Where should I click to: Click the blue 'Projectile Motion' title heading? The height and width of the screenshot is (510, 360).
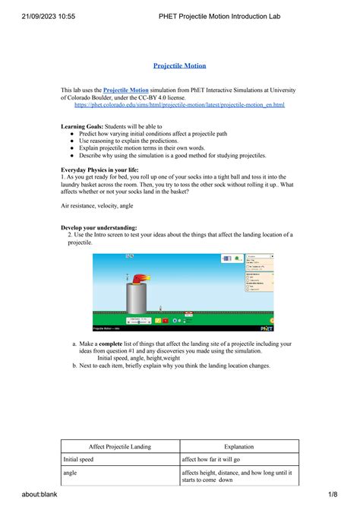pos(180,66)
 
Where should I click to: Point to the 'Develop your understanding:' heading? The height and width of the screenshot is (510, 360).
pos(99,227)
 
